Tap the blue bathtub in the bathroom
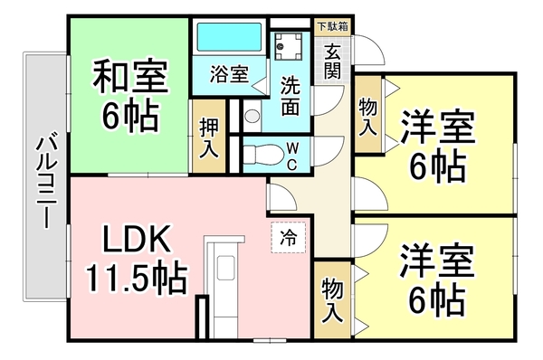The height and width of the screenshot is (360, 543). coord(227,38)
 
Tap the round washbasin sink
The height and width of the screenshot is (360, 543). coord(252,116)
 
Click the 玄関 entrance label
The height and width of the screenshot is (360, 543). coord(334,60)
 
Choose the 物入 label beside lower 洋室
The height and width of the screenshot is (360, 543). coord(331,301)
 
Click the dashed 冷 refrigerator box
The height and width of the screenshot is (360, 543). coord(289,239)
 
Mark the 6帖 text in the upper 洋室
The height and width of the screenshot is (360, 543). coord(436,167)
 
